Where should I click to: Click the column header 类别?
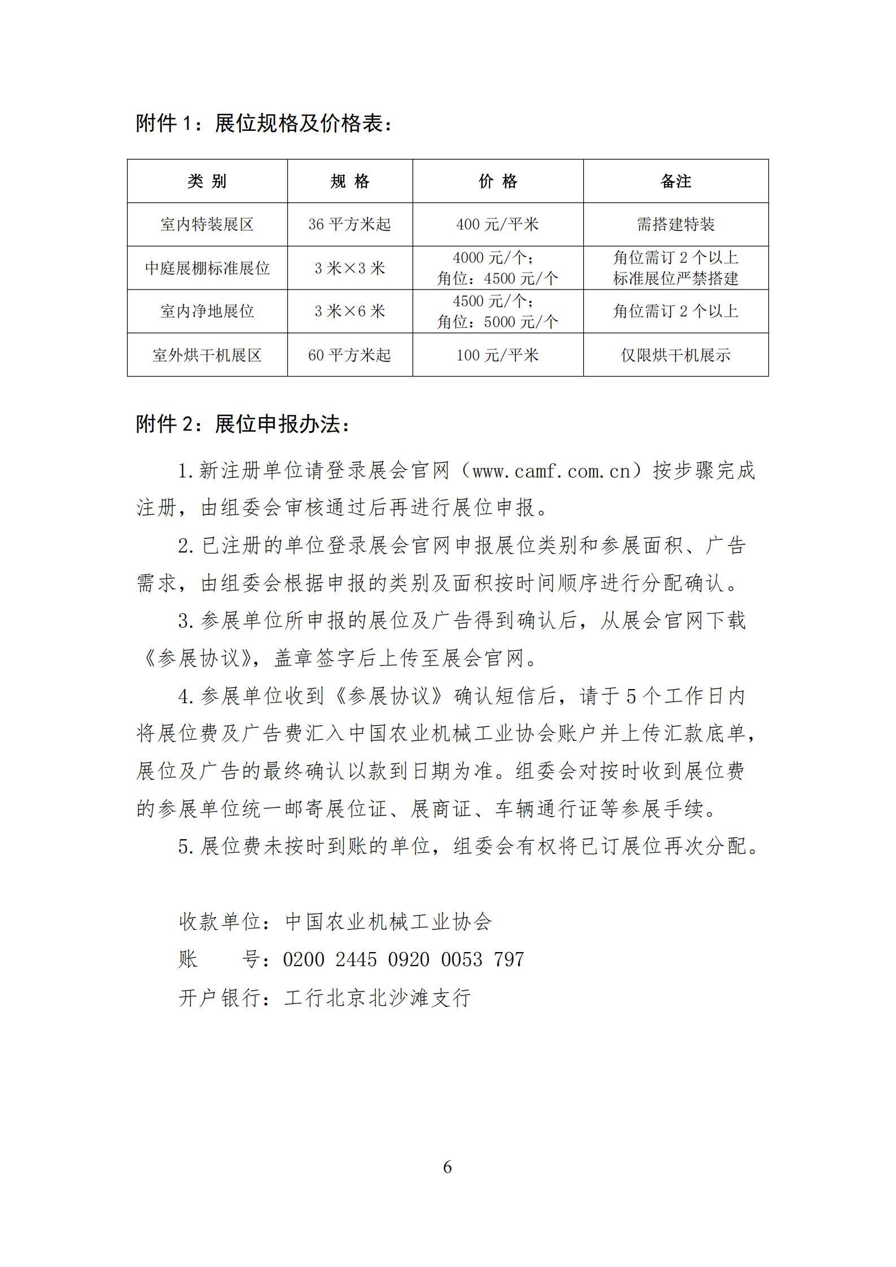[207, 181]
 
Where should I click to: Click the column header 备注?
[675, 181]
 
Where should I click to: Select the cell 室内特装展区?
[207, 225]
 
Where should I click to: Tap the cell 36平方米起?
[349, 225]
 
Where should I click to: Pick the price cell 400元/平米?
[497, 225]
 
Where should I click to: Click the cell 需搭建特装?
[675, 225]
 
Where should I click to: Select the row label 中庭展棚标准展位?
[207, 268]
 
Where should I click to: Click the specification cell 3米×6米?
[349, 312]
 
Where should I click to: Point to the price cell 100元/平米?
[497, 355]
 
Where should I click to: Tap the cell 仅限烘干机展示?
[675, 355]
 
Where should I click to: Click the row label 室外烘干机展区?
[207, 355]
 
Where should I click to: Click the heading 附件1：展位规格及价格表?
[264, 123]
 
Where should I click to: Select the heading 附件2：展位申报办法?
[243, 424]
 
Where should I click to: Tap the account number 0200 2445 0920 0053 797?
[403, 959]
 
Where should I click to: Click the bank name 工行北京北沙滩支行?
[377, 998]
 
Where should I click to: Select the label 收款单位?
[220, 922]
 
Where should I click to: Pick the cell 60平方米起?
[349, 355]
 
